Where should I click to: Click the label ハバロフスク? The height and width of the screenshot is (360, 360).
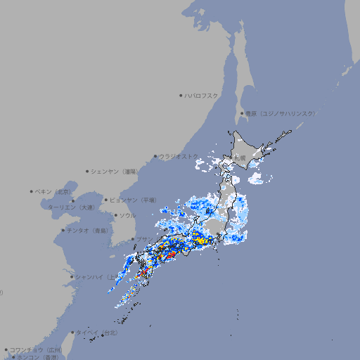coord(202,95)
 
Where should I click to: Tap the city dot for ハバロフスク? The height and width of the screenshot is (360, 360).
coord(181,95)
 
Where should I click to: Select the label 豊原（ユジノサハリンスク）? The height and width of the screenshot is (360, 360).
coord(281,113)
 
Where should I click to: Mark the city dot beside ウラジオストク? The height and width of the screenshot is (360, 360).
coord(155,156)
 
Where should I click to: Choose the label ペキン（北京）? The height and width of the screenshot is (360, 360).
coord(54,191)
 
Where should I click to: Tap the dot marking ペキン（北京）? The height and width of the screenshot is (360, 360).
coord(32,191)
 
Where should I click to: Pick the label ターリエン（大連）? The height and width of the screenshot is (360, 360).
coord(71,207)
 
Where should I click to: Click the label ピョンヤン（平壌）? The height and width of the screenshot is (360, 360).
coord(134,200)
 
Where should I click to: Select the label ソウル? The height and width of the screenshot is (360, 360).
coord(127,215)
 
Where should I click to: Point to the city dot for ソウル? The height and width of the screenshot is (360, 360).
coord(115,215)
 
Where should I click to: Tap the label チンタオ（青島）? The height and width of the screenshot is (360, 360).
coord(87,230)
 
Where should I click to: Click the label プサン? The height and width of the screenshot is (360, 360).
coord(143,240)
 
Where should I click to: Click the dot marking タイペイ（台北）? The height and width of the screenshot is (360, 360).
coord(72,332)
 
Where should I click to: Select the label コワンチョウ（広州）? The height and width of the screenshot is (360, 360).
coord(35,349)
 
